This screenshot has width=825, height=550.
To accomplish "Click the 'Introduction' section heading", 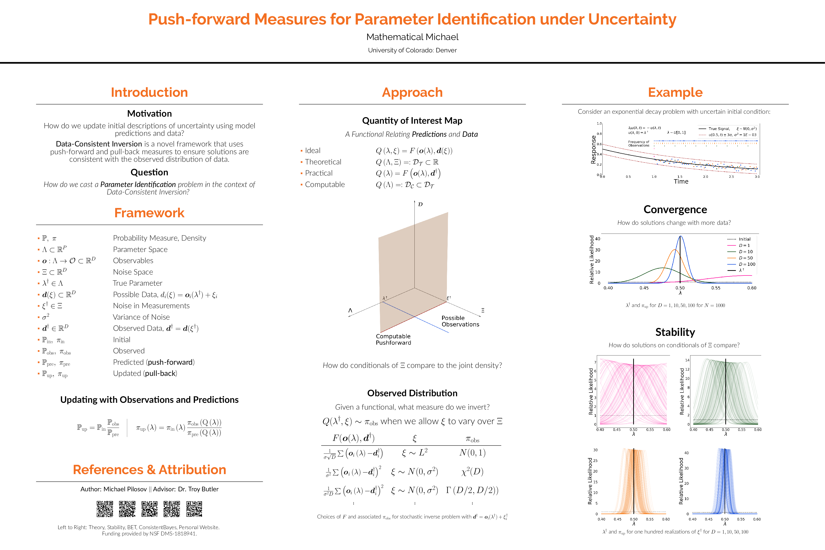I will click(149, 92).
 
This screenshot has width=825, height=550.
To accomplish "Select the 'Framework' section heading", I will click(149, 213).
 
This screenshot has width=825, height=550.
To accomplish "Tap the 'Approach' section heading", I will click(412, 92).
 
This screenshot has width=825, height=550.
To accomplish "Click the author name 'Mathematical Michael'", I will click(412, 37).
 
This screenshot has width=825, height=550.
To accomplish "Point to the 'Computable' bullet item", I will click(325, 185).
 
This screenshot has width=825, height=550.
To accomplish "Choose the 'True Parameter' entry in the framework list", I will click(137, 283).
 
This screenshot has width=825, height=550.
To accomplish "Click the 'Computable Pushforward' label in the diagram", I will click(393, 339).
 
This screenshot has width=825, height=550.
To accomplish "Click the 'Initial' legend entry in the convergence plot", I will click(744, 239).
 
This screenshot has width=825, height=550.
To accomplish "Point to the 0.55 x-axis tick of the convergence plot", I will click(716, 288).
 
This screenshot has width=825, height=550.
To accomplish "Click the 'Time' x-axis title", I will click(681, 181).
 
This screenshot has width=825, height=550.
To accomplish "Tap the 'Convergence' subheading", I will click(675, 210).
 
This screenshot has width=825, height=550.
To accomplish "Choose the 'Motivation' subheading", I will click(149, 114).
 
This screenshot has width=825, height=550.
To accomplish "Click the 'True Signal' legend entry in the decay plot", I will click(719, 129).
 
